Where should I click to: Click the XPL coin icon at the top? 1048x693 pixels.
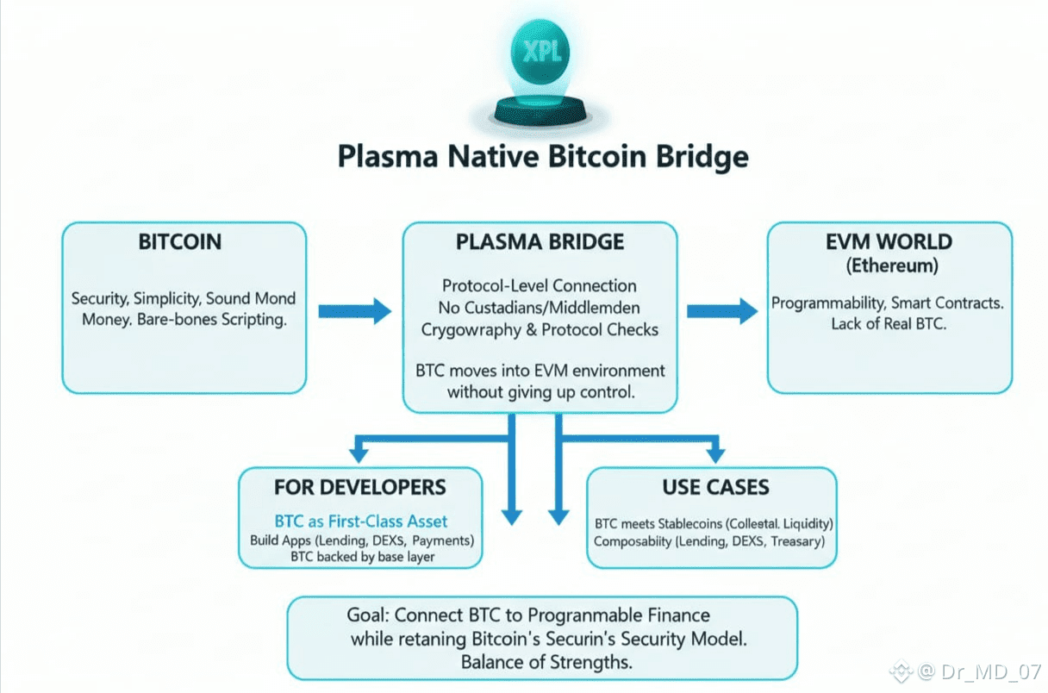(x=540, y=53)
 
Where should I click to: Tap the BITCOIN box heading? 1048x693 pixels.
(x=180, y=242)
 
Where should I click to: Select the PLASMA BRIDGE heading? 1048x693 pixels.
(x=540, y=242)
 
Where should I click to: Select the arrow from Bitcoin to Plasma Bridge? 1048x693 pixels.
(x=354, y=311)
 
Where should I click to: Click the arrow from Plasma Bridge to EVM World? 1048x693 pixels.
(x=722, y=311)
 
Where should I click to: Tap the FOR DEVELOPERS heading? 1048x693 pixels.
(x=360, y=487)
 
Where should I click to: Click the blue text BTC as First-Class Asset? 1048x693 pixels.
(x=361, y=521)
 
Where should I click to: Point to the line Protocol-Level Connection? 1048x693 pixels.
(x=540, y=285)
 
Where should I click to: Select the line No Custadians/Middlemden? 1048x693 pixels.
(x=540, y=308)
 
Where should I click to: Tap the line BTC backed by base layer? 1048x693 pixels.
(x=361, y=557)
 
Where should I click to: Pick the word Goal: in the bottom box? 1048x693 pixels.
(x=369, y=615)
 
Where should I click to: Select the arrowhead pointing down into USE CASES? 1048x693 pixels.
(x=714, y=452)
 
